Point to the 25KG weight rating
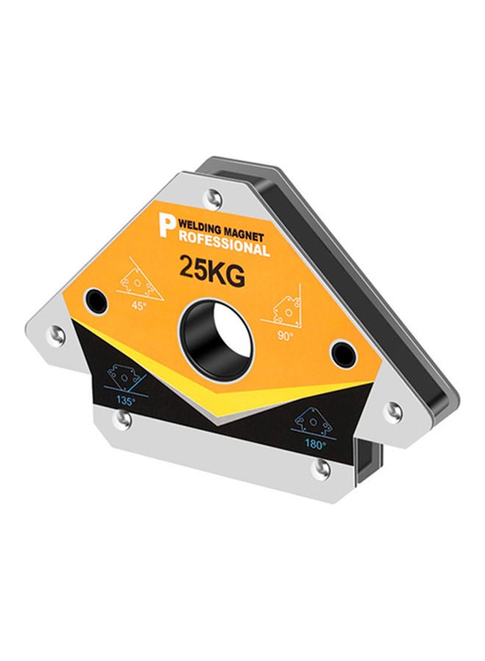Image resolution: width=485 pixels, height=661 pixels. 210,269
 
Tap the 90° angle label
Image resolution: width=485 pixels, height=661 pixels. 285,335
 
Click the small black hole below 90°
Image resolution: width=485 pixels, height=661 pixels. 339,352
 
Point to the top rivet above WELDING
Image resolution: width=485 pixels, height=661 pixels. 213,196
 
